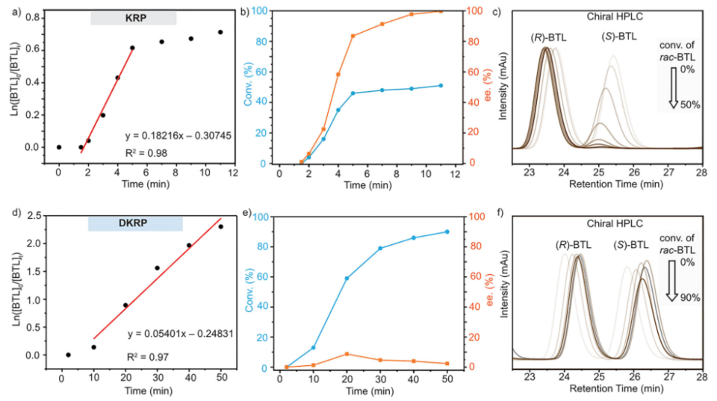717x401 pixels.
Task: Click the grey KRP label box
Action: [133, 17]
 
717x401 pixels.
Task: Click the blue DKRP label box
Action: [135, 223]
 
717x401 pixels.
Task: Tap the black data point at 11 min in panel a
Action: [220, 32]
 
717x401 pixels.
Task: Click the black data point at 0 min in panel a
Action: [58, 147]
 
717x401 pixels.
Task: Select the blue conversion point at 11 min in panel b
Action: [441, 85]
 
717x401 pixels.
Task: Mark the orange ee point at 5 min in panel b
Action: [353, 36]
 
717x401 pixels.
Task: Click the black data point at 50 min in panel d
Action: [220, 226]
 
